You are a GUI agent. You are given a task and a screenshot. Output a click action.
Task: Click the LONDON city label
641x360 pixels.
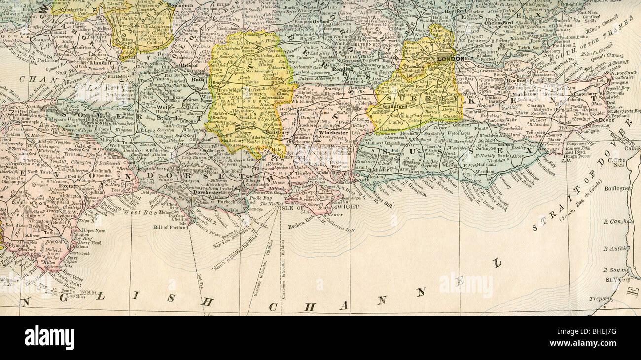451,59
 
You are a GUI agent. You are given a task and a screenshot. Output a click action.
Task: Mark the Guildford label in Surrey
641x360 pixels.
391,106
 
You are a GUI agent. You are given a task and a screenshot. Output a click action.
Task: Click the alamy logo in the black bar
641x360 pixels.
49,338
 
